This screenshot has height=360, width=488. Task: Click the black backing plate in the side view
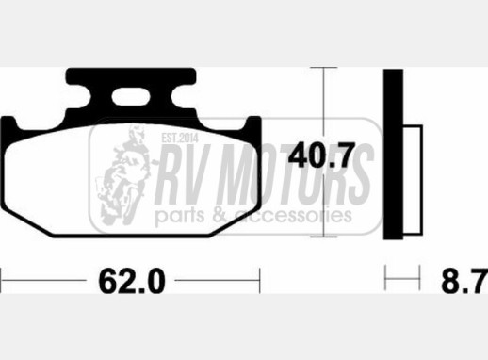point(394,155)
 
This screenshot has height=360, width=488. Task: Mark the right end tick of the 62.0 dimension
point(258,280)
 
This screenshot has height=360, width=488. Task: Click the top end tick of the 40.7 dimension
point(324,70)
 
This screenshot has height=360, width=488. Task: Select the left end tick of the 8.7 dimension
point(385,280)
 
